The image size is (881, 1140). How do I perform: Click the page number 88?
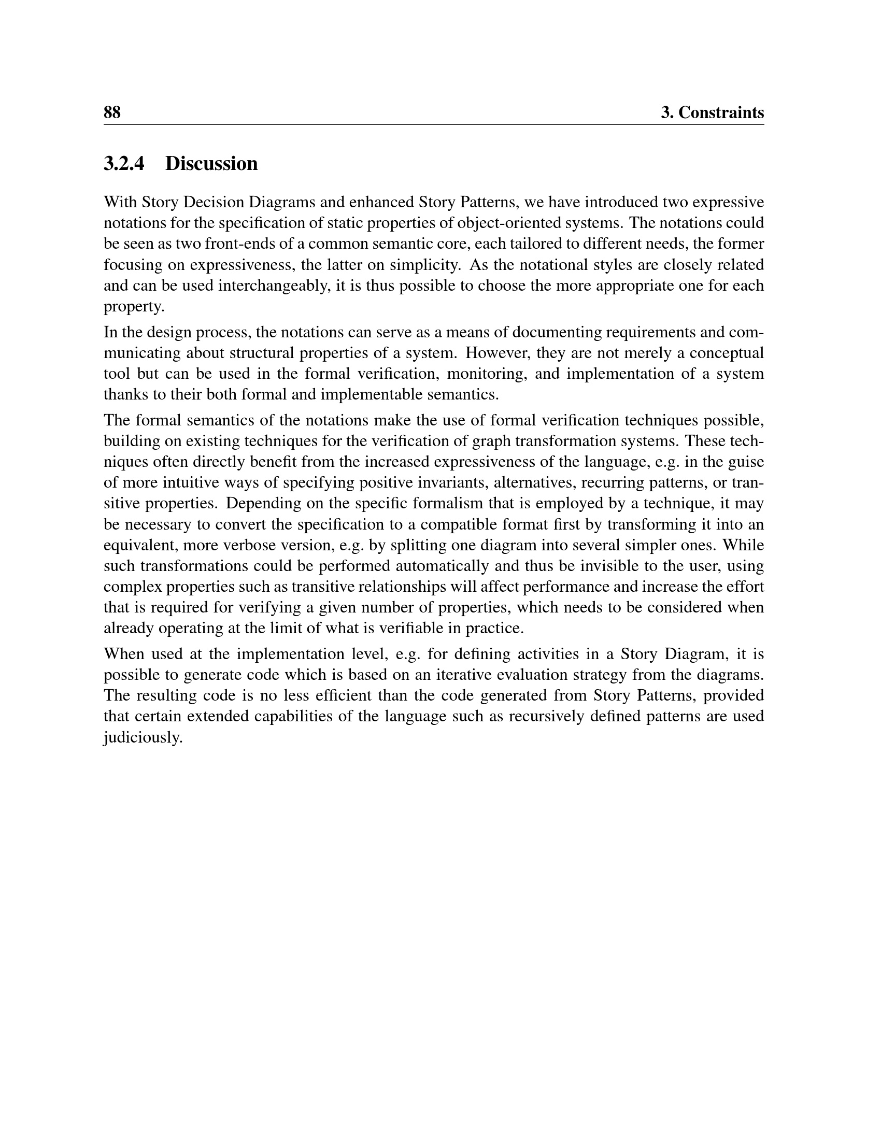tap(112, 113)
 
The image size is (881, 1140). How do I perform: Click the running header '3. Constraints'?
tap(712, 113)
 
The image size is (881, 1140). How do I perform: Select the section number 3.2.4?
tap(124, 164)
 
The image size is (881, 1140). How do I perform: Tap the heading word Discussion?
tap(211, 164)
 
